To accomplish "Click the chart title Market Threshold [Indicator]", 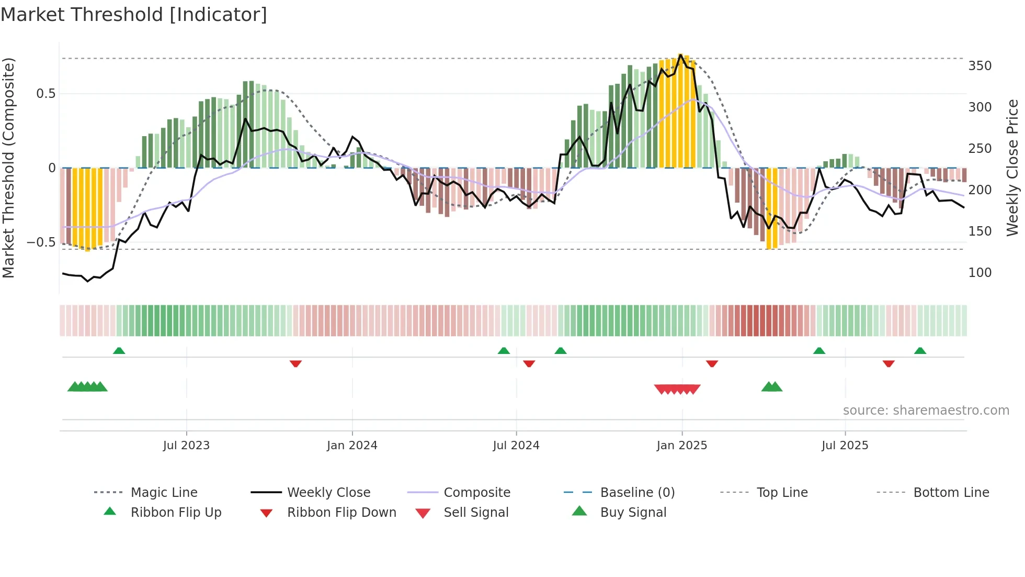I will point(134,15).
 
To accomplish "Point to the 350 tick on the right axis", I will point(980,66).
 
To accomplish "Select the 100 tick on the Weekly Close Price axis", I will point(980,273).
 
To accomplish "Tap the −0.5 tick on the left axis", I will point(41,242).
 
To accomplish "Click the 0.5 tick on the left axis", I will point(45,94).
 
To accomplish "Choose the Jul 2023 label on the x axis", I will point(186,446).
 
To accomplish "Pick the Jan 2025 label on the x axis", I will point(681,446).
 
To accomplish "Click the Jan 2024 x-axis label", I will point(352,446).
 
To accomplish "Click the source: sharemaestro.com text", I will point(926,410).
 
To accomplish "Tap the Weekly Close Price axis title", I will point(1012,168).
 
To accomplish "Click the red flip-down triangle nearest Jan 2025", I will point(712,363).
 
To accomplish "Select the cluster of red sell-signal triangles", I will point(677,389).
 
